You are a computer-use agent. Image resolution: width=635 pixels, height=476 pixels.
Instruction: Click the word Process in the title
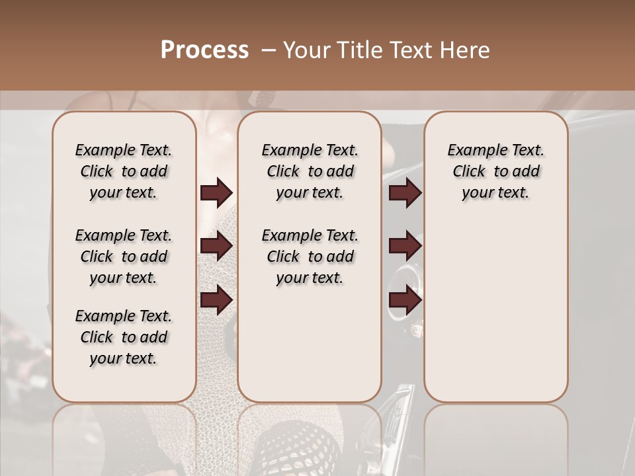pyautogui.click(x=204, y=50)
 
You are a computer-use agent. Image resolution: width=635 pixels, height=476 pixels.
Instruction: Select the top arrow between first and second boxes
pyautogui.click(x=216, y=192)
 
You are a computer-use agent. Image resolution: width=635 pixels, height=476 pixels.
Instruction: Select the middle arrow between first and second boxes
pyautogui.click(x=216, y=246)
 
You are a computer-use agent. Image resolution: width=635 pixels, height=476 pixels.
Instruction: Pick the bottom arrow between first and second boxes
pyautogui.click(x=216, y=300)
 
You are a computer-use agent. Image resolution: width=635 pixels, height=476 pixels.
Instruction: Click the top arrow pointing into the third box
pyautogui.click(x=405, y=192)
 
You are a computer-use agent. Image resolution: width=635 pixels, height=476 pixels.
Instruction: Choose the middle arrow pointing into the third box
pyautogui.click(x=405, y=246)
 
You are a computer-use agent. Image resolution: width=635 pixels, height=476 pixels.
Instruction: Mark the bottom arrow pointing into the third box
pyautogui.click(x=405, y=300)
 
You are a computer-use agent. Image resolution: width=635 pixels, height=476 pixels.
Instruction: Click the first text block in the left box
pyautogui.click(x=124, y=171)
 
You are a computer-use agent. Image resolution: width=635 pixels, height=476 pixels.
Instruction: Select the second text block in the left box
pyautogui.click(x=124, y=257)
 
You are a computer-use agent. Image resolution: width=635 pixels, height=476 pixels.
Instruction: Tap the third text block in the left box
pyautogui.click(x=124, y=337)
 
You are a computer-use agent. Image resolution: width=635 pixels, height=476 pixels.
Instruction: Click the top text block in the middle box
pyautogui.click(x=310, y=171)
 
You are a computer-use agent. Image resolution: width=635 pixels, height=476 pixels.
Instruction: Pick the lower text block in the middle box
pyautogui.click(x=310, y=257)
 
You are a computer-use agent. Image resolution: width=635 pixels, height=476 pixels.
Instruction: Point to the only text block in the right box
pyautogui.click(x=495, y=171)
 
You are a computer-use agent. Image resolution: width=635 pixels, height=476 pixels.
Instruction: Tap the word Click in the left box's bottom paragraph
pyautogui.click(x=97, y=337)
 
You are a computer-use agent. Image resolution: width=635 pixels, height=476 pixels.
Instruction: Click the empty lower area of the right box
pyautogui.click(x=495, y=311)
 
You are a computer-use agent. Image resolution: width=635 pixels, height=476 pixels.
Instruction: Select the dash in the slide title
pyautogui.click(x=268, y=50)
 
